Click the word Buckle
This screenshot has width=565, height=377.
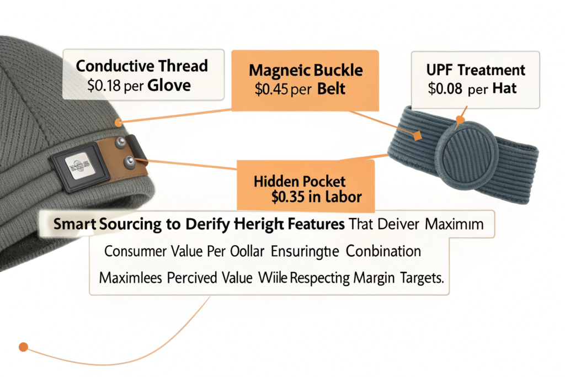tap(333, 71)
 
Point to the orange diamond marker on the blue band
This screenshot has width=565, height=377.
tap(417, 134)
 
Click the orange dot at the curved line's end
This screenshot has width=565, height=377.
tap(23, 347)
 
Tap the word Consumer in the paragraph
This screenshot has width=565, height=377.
tap(134, 252)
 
